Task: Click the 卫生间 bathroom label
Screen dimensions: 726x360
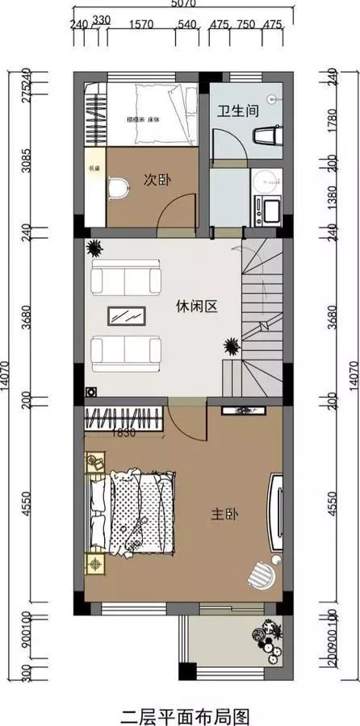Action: [237, 111]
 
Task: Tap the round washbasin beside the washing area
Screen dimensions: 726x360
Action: [263, 181]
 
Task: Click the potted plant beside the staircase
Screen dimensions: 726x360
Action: [232, 348]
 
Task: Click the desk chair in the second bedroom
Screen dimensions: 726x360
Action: [118, 188]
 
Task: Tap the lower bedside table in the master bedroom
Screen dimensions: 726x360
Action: [95, 562]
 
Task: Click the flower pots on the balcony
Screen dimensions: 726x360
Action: [268, 633]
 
